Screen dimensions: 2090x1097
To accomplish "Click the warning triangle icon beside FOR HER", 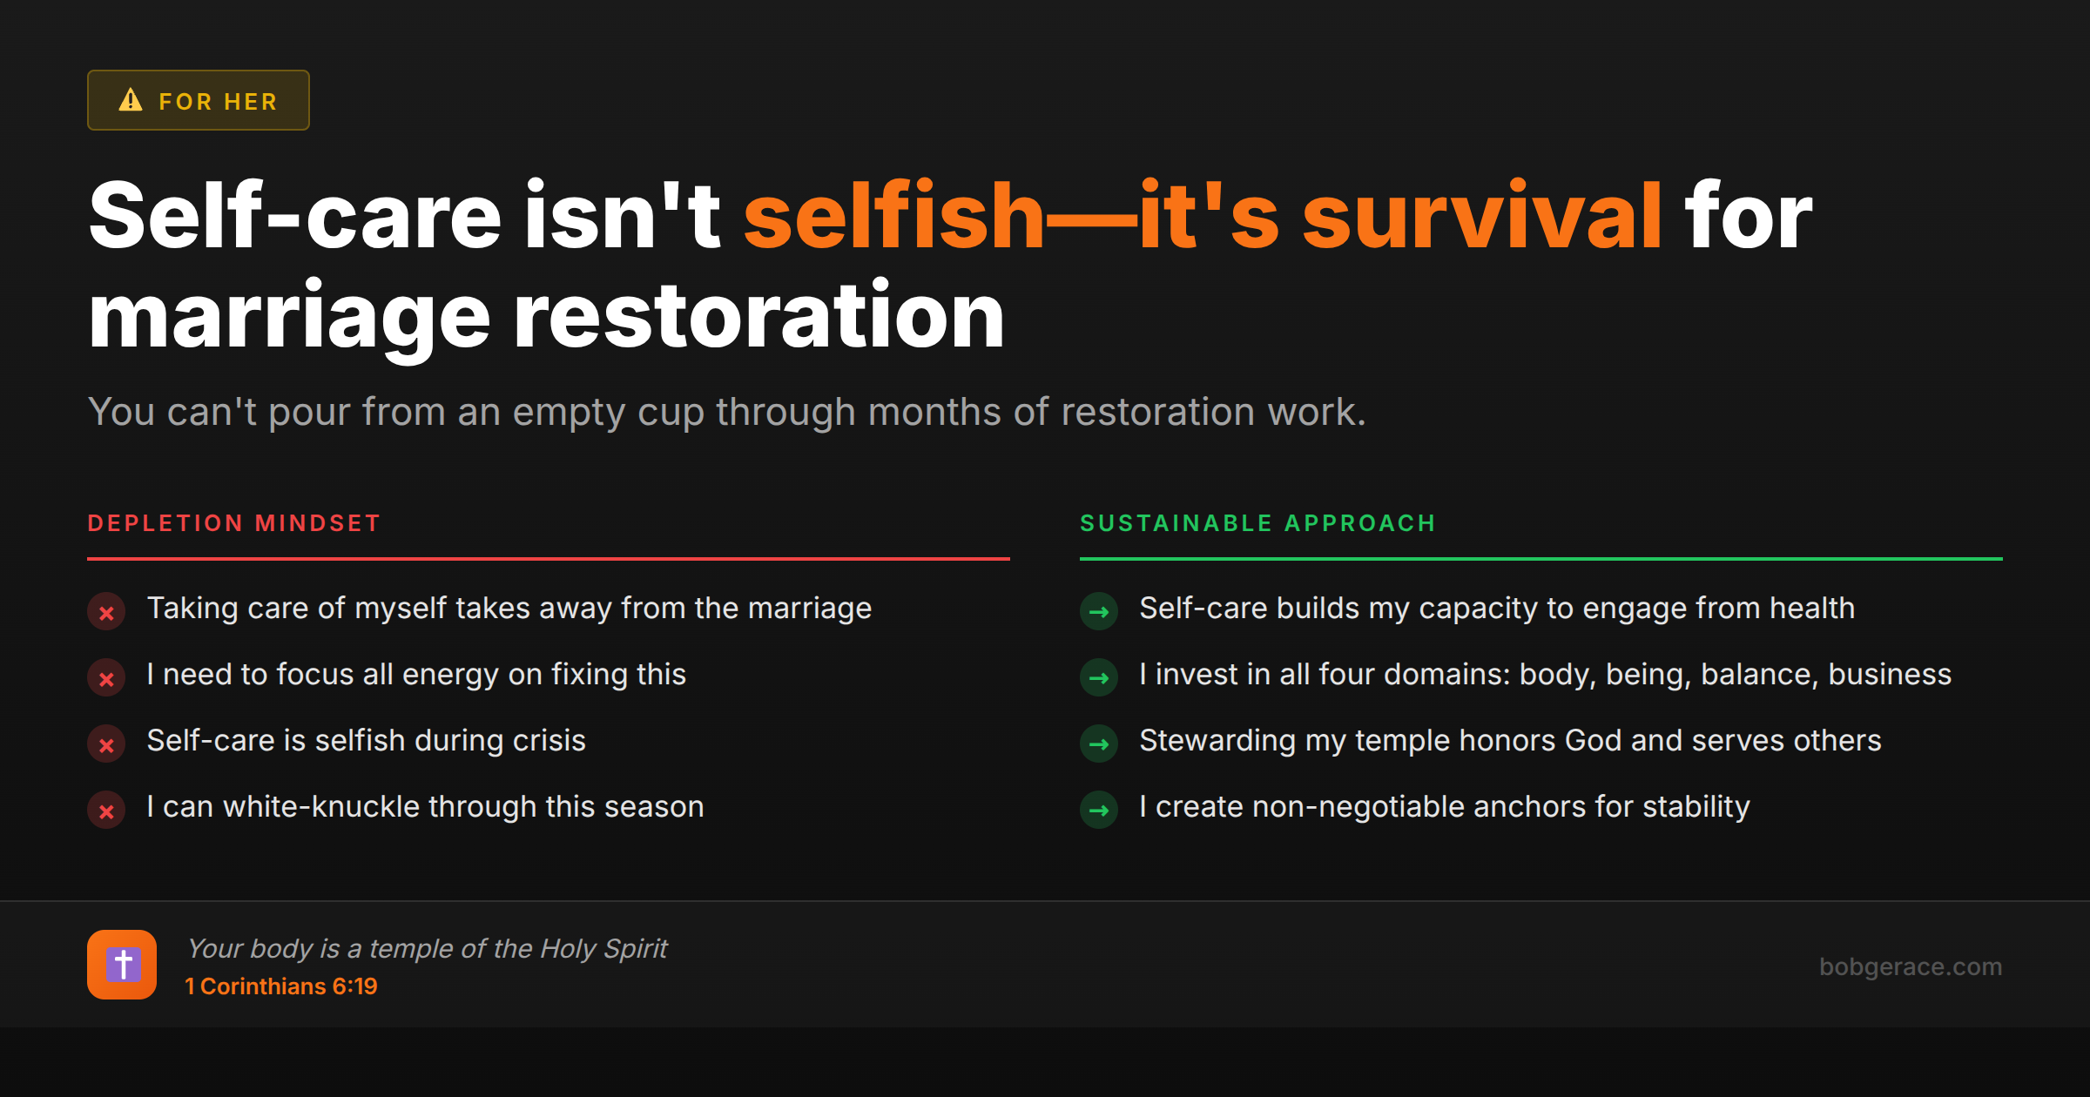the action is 131,100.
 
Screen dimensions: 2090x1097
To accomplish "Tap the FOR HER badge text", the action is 218,102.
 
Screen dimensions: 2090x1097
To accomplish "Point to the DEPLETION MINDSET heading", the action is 234,523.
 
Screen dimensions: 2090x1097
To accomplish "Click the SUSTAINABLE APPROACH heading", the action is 1257,523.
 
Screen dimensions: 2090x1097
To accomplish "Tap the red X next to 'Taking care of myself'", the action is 106,612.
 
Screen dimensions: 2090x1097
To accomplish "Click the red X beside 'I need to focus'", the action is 106,678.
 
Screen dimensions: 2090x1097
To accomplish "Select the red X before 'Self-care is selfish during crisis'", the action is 106,744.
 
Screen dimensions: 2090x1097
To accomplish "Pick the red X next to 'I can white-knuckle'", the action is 106,811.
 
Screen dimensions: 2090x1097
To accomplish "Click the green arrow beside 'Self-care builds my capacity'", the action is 1099,612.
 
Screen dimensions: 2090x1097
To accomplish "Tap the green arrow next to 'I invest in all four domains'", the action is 1099,678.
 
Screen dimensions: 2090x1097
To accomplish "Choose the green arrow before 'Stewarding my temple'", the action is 1099,744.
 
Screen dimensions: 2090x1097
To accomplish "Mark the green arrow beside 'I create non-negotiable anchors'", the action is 1099,811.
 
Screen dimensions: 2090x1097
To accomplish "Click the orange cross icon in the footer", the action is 122,965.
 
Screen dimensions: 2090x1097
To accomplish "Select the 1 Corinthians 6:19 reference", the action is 281,986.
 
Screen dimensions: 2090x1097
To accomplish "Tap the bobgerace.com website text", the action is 1911,966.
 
